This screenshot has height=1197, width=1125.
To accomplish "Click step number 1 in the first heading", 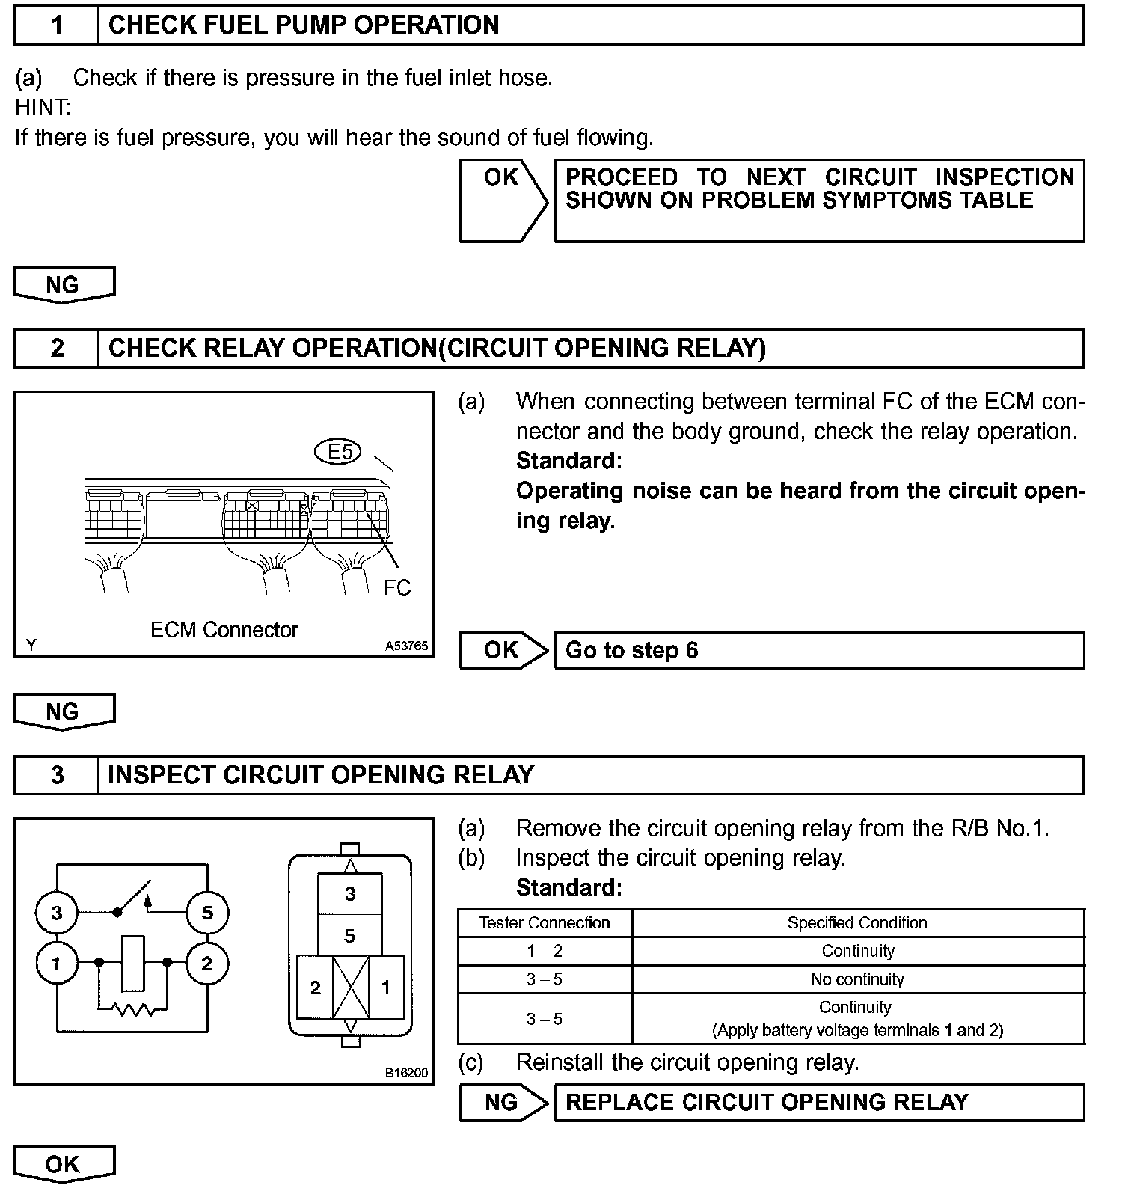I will (57, 25).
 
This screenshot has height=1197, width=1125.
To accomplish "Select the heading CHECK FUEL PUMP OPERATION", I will (304, 25).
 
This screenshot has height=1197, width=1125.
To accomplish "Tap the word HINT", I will (43, 108).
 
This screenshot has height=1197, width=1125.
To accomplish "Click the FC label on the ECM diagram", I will (397, 588).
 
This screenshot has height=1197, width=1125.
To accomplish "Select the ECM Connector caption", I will (224, 630).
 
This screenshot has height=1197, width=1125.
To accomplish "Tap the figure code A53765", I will (407, 646).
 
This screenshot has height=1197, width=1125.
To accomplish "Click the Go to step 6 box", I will (819, 650).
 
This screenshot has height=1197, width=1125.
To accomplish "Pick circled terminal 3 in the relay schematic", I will (57, 913).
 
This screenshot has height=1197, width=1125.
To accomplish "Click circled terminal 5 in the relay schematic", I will (207, 913).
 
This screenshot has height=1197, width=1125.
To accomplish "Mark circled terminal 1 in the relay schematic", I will (57, 964).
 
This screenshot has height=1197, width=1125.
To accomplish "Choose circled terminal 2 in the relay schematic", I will (207, 964).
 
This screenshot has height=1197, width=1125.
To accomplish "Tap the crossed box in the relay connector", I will (350, 988).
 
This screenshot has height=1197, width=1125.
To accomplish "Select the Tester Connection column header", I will (545, 923).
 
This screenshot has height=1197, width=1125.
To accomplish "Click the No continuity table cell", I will (857, 979).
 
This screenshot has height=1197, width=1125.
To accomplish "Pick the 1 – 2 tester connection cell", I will (545, 952).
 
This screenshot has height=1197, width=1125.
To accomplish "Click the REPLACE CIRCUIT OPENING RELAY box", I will (819, 1103).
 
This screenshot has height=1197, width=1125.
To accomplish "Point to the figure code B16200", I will (407, 1073).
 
